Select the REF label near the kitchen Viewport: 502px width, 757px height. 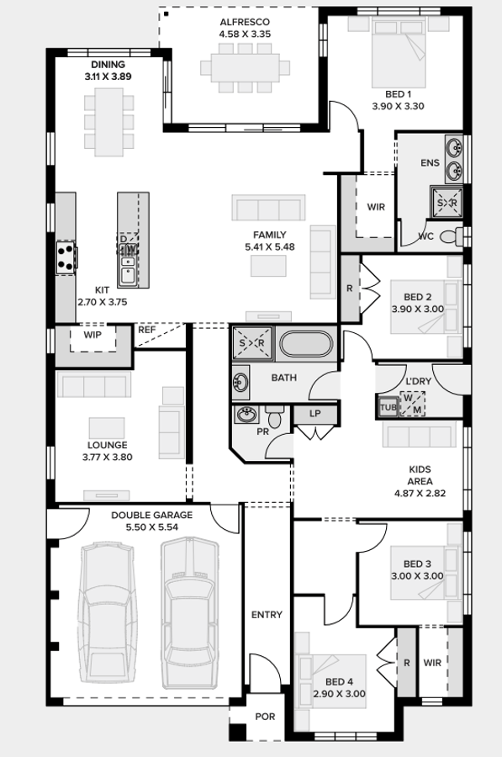point(146,331)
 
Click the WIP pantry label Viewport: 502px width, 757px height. point(92,335)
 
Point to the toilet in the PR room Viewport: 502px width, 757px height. point(276,417)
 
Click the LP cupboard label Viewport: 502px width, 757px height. point(315,414)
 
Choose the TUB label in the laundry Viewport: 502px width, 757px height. point(388,407)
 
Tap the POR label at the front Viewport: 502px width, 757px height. point(265,717)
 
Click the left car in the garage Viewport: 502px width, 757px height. point(108,611)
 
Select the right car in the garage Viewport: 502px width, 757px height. point(189,611)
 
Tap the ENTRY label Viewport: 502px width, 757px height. point(267,615)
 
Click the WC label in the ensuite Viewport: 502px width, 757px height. point(426,236)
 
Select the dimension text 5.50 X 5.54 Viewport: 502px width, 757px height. point(152,527)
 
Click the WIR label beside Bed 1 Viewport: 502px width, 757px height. point(375,207)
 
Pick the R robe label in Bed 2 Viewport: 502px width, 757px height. point(350,289)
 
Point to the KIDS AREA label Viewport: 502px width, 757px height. point(420,475)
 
